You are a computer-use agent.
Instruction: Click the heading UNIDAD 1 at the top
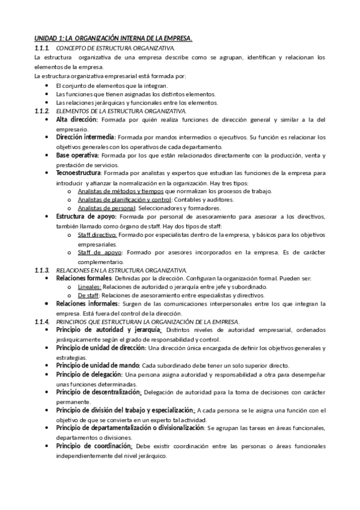(113, 38)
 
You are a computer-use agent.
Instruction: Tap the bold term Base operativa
(77, 155)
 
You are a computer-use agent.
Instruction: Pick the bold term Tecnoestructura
(78, 173)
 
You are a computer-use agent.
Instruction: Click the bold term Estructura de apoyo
(87, 216)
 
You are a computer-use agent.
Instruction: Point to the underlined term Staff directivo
(97, 236)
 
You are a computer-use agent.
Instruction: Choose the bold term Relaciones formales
(84, 279)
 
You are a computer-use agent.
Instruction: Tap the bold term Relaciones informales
(87, 304)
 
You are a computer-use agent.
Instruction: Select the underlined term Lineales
(90, 287)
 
